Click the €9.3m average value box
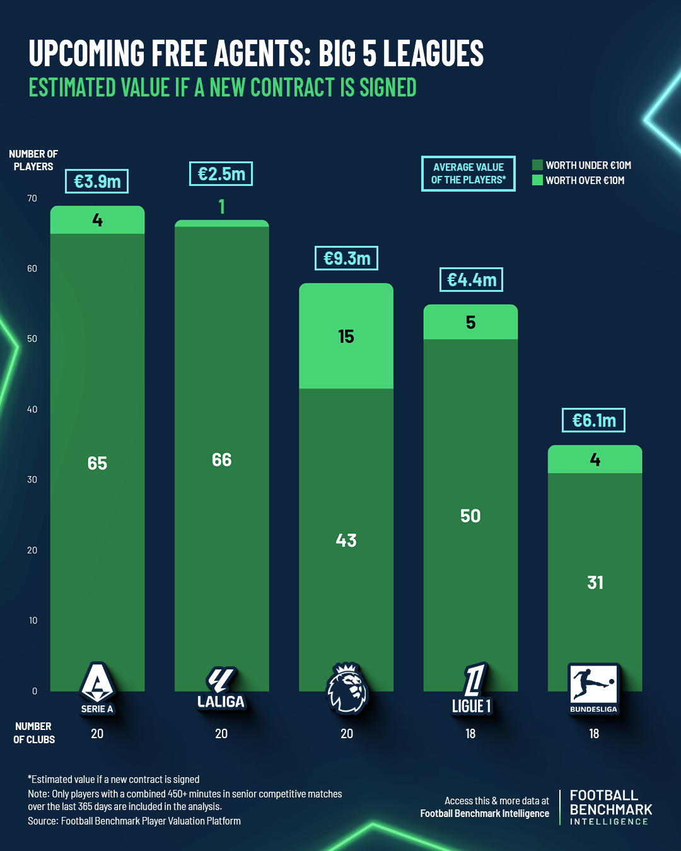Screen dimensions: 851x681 (346, 258)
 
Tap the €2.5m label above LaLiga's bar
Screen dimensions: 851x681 (221, 174)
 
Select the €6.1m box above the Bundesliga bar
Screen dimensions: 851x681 (593, 420)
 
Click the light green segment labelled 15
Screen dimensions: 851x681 (346, 336)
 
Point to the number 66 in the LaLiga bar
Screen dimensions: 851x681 (221, 460)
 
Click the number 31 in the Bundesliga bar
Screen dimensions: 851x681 (595, 582)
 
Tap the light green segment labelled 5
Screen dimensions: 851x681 (470, 323)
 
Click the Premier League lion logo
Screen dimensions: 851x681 (346, 688)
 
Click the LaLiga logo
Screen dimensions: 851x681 (221, 688)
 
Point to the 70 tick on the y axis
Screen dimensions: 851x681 (32, 199)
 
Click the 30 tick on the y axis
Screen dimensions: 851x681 (32, 480)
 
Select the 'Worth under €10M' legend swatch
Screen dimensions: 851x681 (537, 165)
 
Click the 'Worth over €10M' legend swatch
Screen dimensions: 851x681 (537, 180)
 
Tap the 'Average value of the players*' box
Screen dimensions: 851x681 (468, 173)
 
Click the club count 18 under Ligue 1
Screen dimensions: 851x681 (470, 734)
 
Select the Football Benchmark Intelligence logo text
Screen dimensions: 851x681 (610, 808)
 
